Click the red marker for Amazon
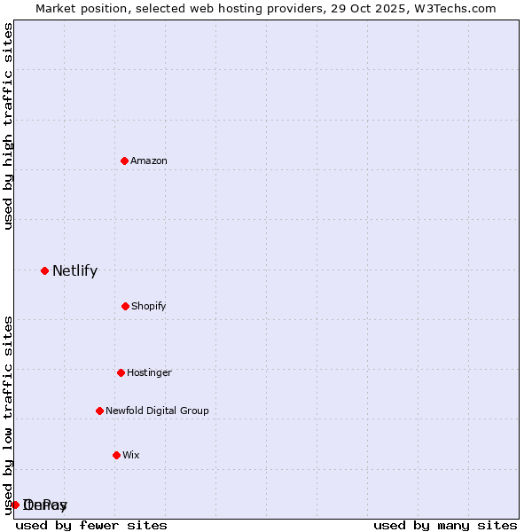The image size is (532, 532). (x=125, y=160)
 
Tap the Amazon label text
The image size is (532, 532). (x=149, y=161)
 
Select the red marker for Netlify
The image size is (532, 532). (x=44, y=270)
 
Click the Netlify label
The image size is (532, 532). (x=74, y=271)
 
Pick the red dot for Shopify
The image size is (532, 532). (x=125, y=306)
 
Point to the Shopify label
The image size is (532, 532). (x=149, y=307)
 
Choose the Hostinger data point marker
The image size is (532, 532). (x=121, y=372)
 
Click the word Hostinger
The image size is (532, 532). (x=149, y=373)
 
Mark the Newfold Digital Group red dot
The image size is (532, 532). (x=99, y=411)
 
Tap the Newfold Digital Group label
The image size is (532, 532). (x=157, y=411)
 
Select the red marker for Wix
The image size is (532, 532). (x=116, y=455)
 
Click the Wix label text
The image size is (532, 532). (x=131, y=456)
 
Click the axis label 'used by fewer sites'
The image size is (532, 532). (x=91, y=525)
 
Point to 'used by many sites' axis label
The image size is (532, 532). (x=445, y=525)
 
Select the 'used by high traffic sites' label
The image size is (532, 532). (x=8, y=126)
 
